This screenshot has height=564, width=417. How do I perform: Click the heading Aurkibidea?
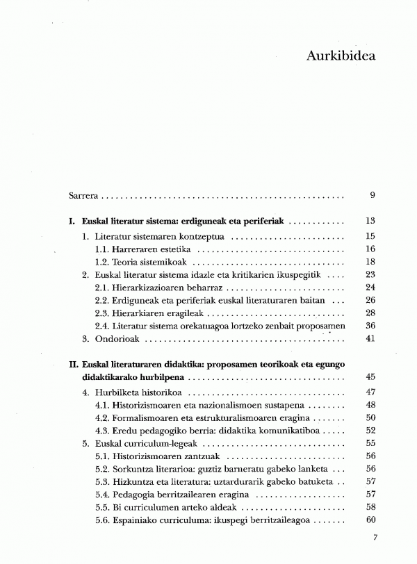[341, 56]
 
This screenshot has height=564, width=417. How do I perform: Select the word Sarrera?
[82, 195]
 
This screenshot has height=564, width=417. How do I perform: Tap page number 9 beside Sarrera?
[373, 195]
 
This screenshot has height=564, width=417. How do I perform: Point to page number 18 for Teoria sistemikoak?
[370, 263]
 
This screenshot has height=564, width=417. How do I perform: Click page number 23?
[370, 275]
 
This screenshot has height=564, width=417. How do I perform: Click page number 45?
[370, 377]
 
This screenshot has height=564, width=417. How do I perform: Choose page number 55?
[370, 444]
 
